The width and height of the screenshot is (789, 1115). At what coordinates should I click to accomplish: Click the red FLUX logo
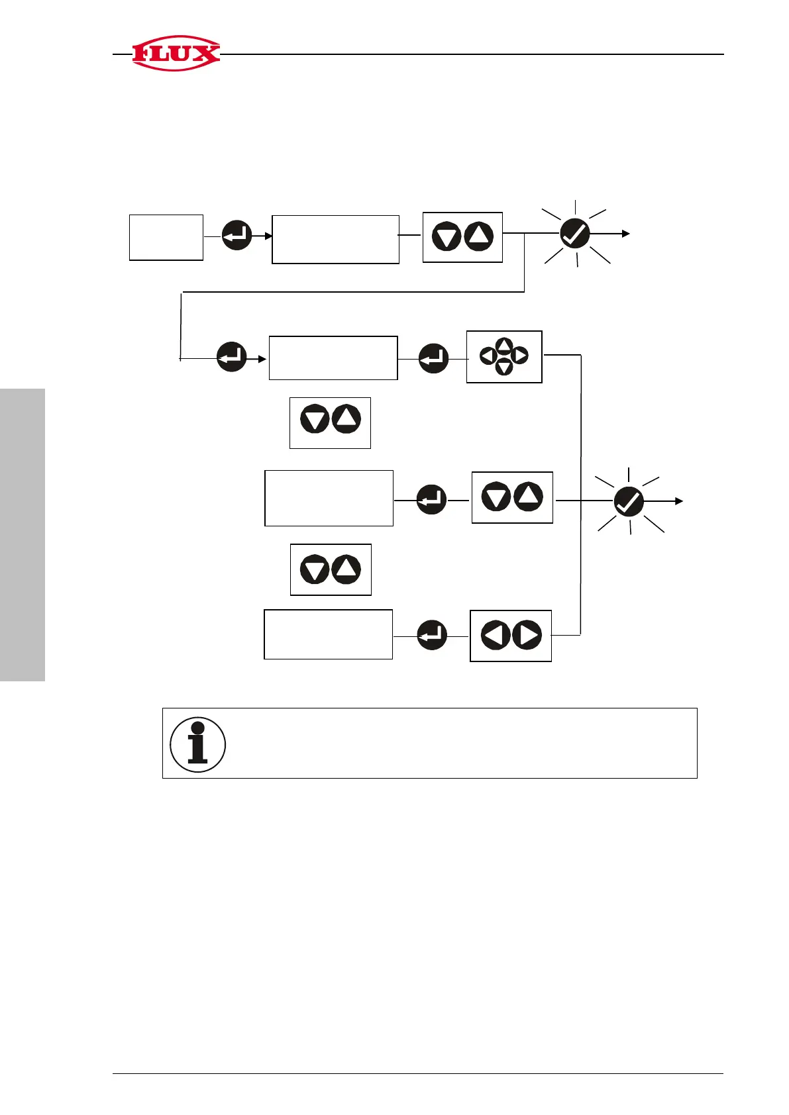[x=176, y=53]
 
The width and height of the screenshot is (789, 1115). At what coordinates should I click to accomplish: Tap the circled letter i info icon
[x=197, y=744]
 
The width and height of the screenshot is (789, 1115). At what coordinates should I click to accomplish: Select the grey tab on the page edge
[x=23, y=534]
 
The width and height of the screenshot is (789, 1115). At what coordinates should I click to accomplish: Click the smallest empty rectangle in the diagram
[x=166, y=237]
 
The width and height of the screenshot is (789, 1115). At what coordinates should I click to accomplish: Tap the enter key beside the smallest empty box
[x=237, y=234]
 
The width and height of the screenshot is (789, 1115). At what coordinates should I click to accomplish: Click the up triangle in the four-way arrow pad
[x=504, y=346]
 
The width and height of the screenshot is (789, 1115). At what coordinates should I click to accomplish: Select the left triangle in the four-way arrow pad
[x=488, y=356]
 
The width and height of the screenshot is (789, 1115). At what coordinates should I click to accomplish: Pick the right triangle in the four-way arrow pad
[x=520, y=356]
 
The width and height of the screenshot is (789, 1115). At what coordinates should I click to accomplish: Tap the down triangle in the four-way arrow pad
[x=504, y=367]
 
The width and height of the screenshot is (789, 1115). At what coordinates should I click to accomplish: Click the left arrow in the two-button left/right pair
[x=495, y=636]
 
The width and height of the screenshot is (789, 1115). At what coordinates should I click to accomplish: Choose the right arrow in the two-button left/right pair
[x=527, y=636]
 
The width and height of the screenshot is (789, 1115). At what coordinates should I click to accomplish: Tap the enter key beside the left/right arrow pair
[x=432, y=635]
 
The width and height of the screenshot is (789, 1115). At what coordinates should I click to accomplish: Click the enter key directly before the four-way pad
[x=434, y=358]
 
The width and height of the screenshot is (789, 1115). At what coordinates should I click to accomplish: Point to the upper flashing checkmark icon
[x=574, y=234]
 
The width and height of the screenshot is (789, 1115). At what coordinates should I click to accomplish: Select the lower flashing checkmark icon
[x=629, y=501]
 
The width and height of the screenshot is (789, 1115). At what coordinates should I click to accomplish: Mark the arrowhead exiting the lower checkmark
[x=678, y=501]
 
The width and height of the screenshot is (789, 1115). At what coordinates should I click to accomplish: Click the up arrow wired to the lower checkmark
[x=528, y=497]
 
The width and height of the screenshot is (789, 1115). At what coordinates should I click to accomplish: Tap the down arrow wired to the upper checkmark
[x=447, y=237]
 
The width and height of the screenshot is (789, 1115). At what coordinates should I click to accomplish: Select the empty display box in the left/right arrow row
[x=328, y=634]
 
